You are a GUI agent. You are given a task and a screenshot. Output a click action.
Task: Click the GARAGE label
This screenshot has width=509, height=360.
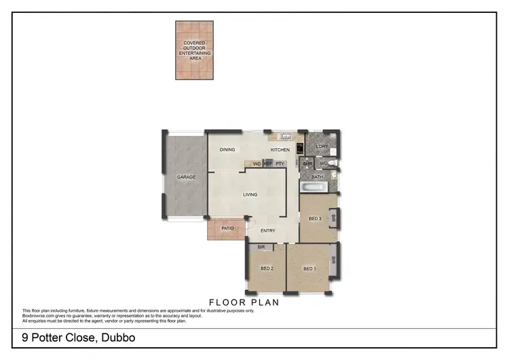click(x=186, y=177)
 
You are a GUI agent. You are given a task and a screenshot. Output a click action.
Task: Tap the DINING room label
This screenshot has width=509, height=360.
click(x=227, y=149)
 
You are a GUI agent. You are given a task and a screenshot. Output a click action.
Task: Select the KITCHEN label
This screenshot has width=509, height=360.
click(x=280, y=149)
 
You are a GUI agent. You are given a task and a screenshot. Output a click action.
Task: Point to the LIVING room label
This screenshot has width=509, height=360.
click(x=250, y=195)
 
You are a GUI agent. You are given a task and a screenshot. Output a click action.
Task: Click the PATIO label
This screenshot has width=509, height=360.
click(x=227, y=228)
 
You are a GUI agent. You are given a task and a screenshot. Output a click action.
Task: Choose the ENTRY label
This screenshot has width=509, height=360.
click(x=267, y=231)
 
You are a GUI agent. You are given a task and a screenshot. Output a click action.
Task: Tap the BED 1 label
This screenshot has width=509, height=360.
click(x=309, y=269)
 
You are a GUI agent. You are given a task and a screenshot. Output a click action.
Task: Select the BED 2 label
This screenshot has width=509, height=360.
click(x=267, y=269)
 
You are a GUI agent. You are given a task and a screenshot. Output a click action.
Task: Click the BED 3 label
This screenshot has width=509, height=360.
click(x=315, y=219)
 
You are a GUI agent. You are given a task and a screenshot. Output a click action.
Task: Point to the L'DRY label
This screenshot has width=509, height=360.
click(x=322, y=145)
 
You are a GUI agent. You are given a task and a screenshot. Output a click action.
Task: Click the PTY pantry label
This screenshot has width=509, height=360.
click(x=279, y=164)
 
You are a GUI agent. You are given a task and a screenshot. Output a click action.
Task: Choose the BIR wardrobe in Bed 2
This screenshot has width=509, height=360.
click(x=261, y=248)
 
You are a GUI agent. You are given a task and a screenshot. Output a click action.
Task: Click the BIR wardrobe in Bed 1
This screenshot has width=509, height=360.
click(x=333, y=260)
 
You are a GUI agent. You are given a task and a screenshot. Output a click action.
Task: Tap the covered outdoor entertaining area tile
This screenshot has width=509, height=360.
click(x=194, y=51)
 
